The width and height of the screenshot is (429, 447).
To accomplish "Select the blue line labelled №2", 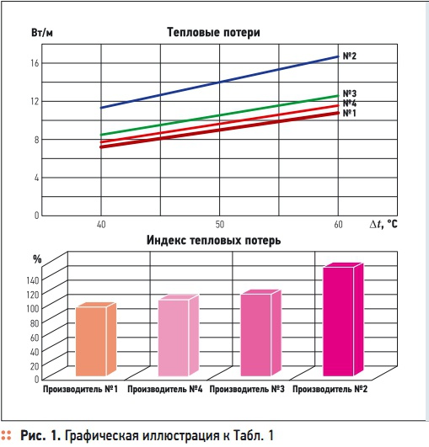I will click(219, 82).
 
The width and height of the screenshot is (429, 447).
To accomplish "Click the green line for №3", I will click(219, 115).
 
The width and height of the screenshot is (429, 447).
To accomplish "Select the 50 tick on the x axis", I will click(219, 226).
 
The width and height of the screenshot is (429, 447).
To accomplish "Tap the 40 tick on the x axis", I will click(100, 226).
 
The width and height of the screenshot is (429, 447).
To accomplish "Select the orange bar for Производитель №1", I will click(91, 341).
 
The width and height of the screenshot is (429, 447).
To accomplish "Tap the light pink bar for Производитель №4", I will click(174, 337).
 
